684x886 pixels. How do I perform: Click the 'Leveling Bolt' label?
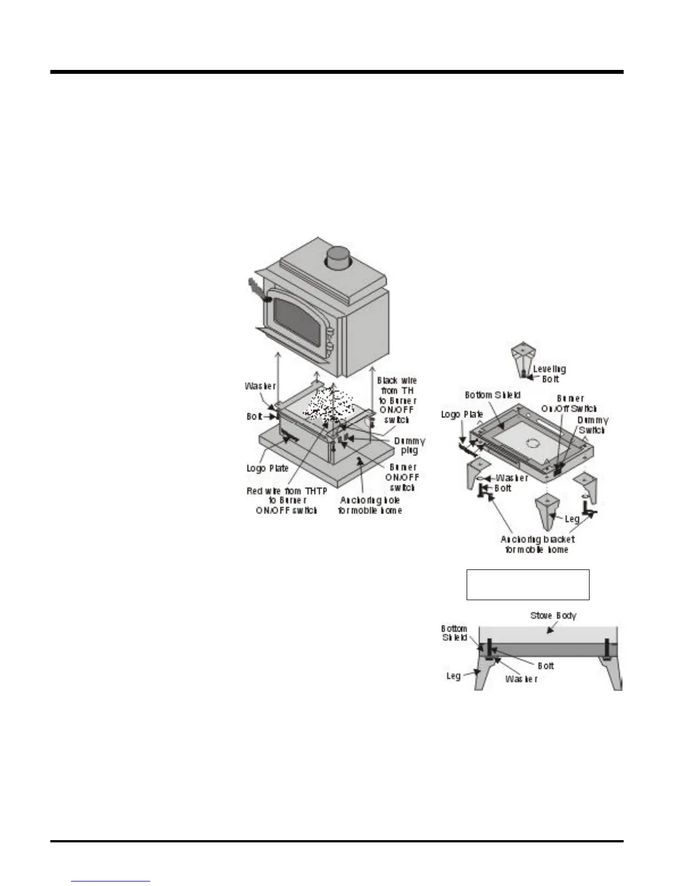click(x=549, y=374)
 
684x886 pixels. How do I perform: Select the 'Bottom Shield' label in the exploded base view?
click(x=492, y=395)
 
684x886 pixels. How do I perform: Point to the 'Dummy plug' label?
click(x=410, y=445)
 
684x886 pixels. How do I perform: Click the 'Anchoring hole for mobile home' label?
click(x=369, y=505)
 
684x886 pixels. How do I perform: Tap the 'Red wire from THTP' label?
click(x=287, y=500)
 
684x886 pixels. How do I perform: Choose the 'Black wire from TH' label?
click(x=397, y=400)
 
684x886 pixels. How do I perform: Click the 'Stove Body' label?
click(x=553, y=615)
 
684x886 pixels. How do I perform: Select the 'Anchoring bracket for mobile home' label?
click(x=537, y=544)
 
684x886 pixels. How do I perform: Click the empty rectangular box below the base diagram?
click(x=528, y=585)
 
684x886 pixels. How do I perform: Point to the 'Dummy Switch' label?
click(x=592, y=425)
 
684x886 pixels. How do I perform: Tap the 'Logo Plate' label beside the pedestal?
click(x=268, y=468)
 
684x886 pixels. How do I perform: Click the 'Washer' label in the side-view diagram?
click(x=521, y=678)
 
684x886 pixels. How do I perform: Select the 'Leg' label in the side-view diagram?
click(x=453, y=676)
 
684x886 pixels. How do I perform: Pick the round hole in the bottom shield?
click(x=532, y=444)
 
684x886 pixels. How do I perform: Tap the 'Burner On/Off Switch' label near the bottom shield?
click(x=569, y=403)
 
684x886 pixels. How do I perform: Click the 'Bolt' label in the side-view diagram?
click(x=545, y=666)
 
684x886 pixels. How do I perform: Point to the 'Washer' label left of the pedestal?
click(x=260, y=386)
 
